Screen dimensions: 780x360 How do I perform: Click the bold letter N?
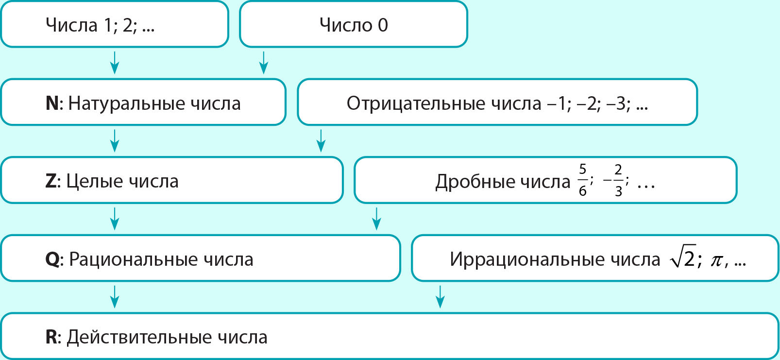52,103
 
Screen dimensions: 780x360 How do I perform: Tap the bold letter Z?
51,181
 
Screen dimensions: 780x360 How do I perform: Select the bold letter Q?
52,260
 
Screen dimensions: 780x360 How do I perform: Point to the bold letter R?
51,337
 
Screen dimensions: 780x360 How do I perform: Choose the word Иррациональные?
519,260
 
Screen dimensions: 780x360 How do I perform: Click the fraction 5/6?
582,180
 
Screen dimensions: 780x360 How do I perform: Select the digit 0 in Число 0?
383,25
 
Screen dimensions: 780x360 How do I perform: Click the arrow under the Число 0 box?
264,63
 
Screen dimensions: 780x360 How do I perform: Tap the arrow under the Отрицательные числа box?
321,141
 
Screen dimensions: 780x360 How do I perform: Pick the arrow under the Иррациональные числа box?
440,297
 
